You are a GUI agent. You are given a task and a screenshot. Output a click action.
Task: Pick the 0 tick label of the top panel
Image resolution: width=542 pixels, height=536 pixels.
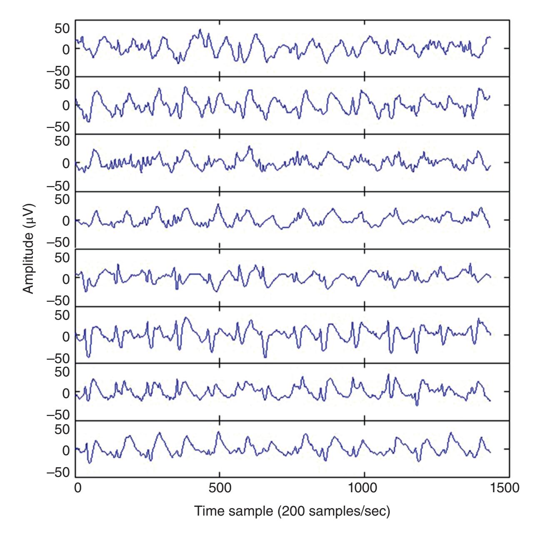click(66, 49)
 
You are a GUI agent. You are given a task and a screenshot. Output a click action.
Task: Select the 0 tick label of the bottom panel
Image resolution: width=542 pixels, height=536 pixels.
click(66, 450)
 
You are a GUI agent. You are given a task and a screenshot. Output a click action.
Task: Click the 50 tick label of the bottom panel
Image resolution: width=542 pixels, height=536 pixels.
click(60, 429)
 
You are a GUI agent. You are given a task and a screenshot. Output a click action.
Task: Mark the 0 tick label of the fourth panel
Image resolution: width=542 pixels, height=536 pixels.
click(66, 220)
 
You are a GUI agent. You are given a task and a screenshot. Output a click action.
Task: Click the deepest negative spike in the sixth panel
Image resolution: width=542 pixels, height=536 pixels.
click(265, 357)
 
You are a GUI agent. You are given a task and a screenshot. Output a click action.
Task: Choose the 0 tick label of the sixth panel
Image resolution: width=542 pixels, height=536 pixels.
click(66, 336)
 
